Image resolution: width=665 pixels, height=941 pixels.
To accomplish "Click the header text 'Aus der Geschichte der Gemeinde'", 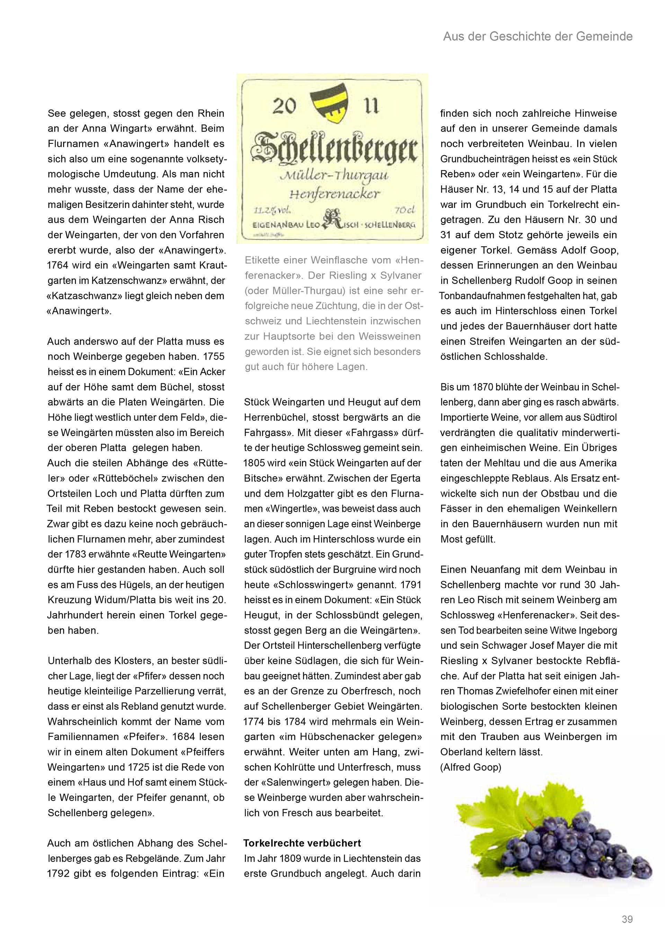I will coord(538,37).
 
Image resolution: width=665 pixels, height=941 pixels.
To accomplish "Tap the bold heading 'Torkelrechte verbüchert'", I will coord(302,843).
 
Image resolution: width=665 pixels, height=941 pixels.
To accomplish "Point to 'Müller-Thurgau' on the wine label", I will coord(334,177).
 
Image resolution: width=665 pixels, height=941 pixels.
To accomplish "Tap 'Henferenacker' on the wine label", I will coord(334,193).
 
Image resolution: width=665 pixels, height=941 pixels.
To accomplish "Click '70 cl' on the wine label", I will coord(405,211).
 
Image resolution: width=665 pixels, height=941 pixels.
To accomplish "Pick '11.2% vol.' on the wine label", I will coord(272,211).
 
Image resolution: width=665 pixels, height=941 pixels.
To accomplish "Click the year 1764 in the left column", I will coord(58,265).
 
